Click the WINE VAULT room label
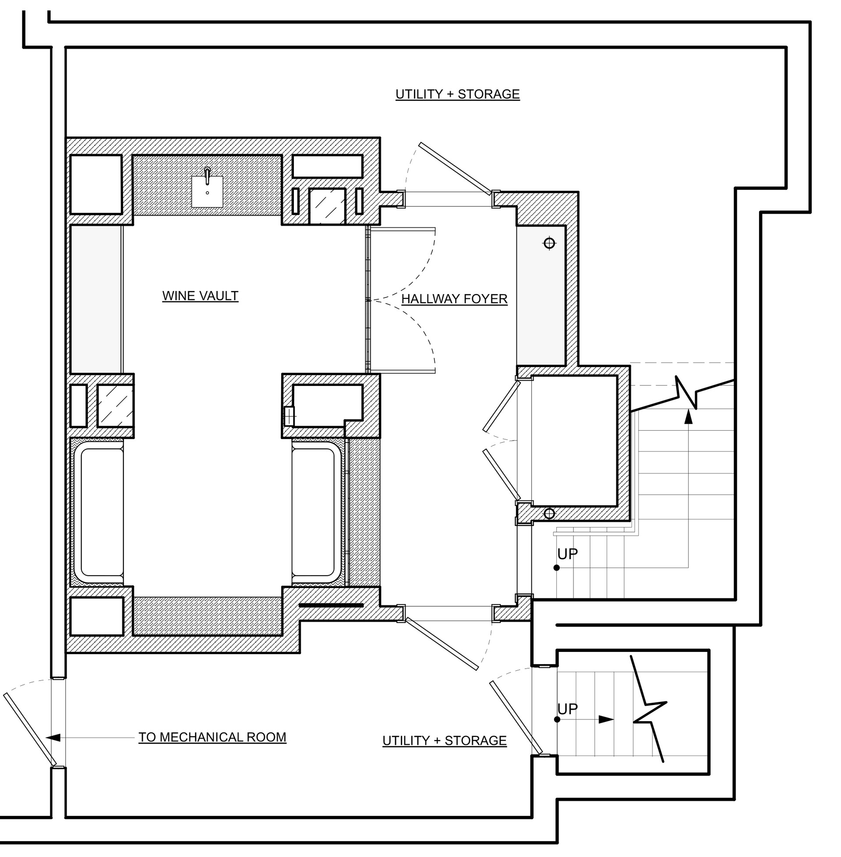(x=200, y=296)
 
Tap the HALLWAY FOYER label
(x=454, y=299)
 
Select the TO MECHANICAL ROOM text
(x=212, y=737)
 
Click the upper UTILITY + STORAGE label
(x=457, y=94)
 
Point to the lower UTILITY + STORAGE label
(x=444, y=740)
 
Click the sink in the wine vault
(x=207, y=190)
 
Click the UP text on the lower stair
(x=568, y=708)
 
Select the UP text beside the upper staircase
(x=568, y=553)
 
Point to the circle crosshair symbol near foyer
(x=549, y=243)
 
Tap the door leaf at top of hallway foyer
(x=455, y=168)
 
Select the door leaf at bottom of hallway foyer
(x=442, y=643)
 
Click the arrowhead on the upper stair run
(x=688, y=418)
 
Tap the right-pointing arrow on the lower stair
(x=606, y=719)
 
